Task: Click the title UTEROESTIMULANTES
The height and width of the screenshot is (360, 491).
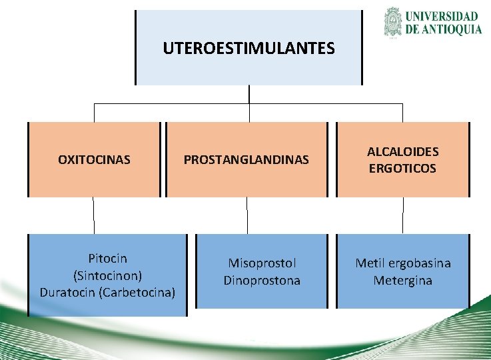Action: (248, 49)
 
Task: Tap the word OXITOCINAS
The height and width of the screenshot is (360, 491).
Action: (94, 160)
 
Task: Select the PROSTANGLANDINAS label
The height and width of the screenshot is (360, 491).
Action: (246, 160)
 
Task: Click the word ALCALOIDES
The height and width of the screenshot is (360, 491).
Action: (402, 152)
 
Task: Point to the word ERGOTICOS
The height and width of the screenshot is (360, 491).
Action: (402, 168)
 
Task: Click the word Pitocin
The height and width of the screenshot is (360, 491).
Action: (108, 258)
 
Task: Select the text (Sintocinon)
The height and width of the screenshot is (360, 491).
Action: (108, 275)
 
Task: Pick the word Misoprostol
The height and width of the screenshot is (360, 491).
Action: (262, 263)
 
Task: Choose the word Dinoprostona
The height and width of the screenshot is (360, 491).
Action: (262, 281)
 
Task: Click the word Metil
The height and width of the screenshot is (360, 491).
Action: (370, 263)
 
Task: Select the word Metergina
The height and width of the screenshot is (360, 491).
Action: (402, 281)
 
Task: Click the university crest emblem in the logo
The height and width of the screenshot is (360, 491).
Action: (393, 21)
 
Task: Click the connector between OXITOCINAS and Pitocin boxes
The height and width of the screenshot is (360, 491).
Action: (94, 215)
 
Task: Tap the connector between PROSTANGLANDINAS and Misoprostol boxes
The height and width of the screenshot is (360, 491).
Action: (247, 215)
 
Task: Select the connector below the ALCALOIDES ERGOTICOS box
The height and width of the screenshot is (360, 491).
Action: (403, 215)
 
